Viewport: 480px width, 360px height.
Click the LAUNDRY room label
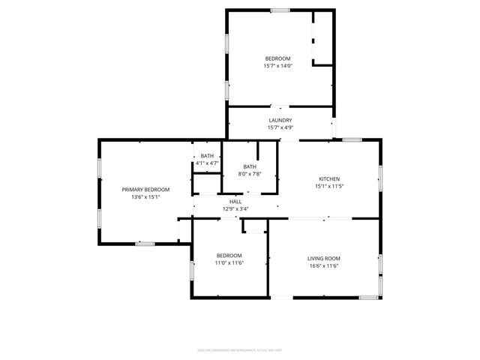[280, 120]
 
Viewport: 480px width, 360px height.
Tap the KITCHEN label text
[329, 178]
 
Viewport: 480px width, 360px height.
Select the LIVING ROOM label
[323, 259]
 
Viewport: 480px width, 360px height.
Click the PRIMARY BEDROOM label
[145, 190]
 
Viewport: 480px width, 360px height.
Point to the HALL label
[235, 202]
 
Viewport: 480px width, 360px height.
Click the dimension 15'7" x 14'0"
[277, 66]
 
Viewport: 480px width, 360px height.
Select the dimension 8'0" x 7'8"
[250, 174]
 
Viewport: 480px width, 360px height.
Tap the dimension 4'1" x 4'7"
[206, 163]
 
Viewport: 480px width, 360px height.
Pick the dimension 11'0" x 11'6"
[229, 262]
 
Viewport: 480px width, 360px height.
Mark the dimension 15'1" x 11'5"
[329, 186]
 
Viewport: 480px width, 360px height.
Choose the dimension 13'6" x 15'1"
[145, 197]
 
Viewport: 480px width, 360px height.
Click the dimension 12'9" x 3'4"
[235, 209]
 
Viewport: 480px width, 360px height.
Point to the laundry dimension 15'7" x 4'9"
[280, 127]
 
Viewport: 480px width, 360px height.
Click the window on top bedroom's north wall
[280, 10]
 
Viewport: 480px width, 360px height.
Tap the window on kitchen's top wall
[352, 139]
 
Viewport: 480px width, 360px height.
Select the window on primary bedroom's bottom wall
[145, 243]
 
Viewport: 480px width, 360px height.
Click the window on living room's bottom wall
[367, 298]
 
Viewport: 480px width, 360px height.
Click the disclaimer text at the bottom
[240, 349]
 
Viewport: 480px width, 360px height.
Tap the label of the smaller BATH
[206, 156]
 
